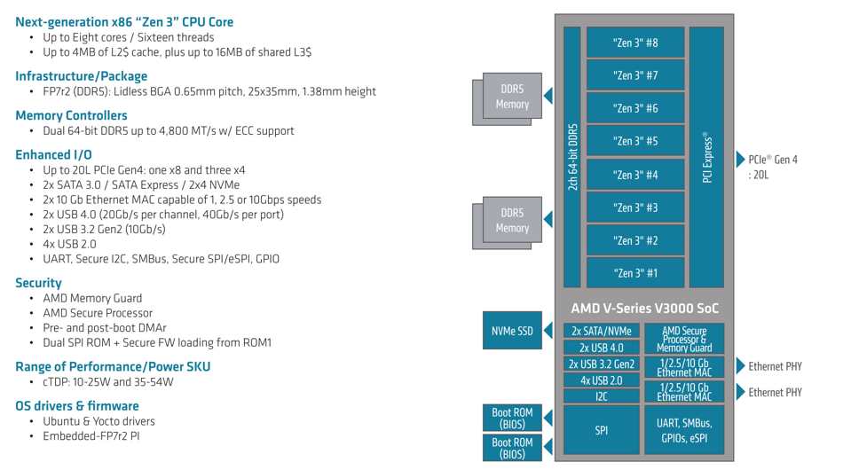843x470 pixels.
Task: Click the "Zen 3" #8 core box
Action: (635, 43)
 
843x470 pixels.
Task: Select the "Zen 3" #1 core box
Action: (635, 273)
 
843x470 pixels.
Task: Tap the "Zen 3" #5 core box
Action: (635, 141)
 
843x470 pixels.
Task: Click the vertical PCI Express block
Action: (706, 157)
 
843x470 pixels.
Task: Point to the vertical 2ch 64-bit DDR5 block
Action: (572, 157)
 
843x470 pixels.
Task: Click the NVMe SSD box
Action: (512, 331)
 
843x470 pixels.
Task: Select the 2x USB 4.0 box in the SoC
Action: (601, 348)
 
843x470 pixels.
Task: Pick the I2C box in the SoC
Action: (601, 396)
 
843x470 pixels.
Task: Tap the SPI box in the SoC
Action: (601, 430)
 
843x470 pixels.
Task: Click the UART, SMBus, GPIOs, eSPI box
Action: (684, 430)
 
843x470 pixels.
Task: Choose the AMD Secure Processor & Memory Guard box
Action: (684, 339)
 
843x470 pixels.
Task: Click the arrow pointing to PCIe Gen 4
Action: (740, 159)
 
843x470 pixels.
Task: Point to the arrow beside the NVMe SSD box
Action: (548, 331)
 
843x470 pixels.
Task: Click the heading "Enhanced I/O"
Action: (53, 154)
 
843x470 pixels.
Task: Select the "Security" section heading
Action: (38, 283)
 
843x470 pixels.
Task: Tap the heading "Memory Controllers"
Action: (71, 115)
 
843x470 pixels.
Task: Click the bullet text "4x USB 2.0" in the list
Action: (69, 244)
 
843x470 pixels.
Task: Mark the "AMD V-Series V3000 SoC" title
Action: (644, 309)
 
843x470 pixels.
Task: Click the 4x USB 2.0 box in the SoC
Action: (601, 380)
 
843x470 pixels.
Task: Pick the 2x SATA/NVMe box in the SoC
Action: (601, 331)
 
